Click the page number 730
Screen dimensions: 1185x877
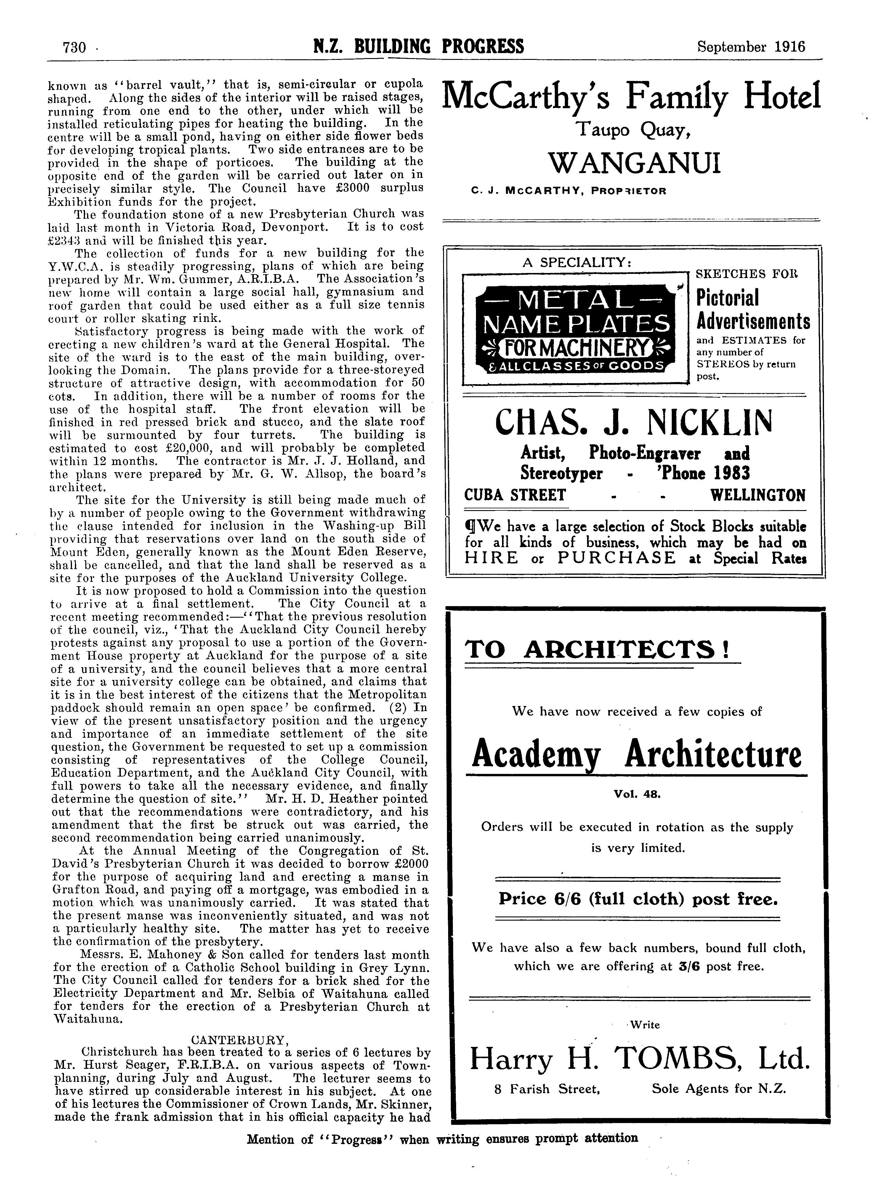click(74, 48)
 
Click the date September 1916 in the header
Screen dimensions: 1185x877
click(751, 47)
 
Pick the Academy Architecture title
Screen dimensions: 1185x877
click(636, 755)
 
